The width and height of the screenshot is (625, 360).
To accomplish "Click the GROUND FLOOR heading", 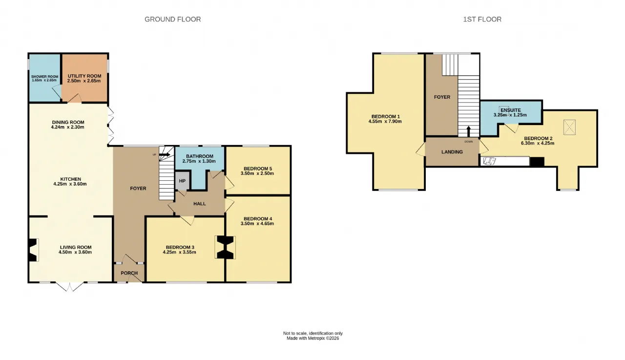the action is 172,19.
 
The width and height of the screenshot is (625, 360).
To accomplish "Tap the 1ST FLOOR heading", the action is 482,19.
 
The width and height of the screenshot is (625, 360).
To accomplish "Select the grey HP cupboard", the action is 182,181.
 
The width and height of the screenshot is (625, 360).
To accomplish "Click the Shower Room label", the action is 44,77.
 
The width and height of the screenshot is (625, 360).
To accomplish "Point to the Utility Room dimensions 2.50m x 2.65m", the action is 84,81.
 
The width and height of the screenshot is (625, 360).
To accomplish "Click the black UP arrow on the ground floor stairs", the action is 165,155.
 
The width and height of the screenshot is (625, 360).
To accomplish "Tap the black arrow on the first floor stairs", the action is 468,131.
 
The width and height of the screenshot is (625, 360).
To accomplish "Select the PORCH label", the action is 129,273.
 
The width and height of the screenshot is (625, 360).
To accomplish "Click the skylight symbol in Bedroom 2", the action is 569,127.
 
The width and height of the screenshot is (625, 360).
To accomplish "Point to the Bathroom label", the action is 200,156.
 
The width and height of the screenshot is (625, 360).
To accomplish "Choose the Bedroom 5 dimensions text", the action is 257,173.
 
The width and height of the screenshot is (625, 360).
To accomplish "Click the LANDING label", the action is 452,152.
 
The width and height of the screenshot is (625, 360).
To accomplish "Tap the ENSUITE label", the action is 511,110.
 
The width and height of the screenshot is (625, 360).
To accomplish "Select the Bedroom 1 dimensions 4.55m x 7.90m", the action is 385,122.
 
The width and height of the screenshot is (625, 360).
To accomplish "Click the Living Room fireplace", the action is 33,250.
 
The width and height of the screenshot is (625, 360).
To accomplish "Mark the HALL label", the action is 200,204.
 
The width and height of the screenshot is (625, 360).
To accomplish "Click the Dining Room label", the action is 68,122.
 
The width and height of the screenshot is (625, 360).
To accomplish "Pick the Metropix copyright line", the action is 313,338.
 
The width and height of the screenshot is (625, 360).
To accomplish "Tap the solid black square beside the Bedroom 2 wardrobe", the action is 537,162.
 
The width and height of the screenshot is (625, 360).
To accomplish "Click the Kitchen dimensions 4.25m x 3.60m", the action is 70,184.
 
